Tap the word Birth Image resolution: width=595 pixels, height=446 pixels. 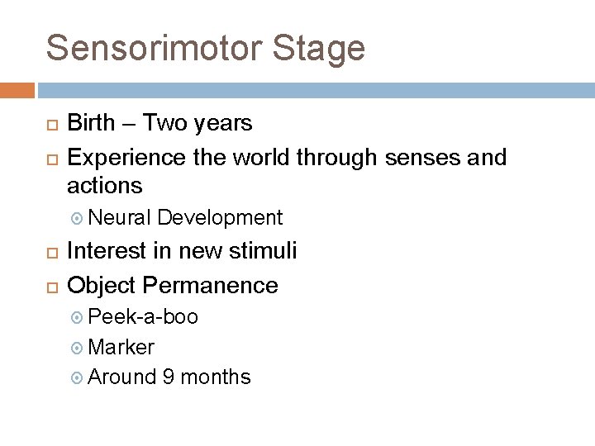pyautogui.click(x=92, y=124)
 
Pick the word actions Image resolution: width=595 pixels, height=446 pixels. pyautogui.click(x=105, y=185)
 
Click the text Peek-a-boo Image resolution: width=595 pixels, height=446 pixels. pyautogui.click(x=143, y=317)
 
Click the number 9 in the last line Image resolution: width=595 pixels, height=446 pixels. pyautogui.click(x=169, y=377)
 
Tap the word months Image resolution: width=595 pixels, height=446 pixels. pyautogui.click(x=216, y=377)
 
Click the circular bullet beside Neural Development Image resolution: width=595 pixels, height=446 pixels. pyautogui.click(x=79, y=219)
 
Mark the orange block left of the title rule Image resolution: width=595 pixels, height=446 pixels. pyautogui.click(x=17, y=90)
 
